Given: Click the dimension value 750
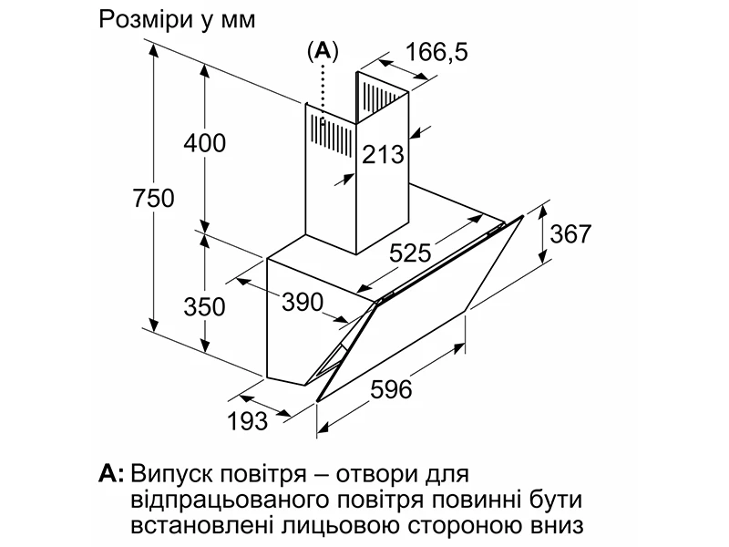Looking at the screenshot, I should tap(152, 197).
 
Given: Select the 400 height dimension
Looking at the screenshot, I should tap(204, 143).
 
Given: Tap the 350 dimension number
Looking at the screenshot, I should tap(204, 306).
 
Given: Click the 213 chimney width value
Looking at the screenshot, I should tap(383, 155).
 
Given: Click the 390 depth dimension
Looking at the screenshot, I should tap(303, 301).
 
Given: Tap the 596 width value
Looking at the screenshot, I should tap(392, 389).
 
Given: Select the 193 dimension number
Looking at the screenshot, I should tap(247, 420).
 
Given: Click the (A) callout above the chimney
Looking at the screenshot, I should tap(323, 52).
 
